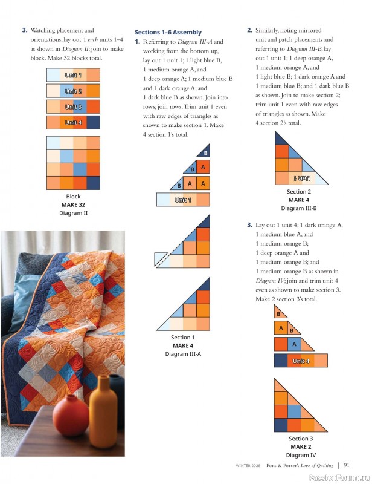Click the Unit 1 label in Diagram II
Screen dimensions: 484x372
coord(74,75)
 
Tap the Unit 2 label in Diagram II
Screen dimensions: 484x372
coord(74,91)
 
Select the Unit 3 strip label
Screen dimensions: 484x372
coord(74,107)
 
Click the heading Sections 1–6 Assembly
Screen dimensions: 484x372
coord(167,32)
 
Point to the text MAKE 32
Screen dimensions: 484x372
coord(72,204)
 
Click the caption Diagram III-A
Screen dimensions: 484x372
coord(183,354)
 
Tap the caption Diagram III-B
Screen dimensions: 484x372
coord(299,208)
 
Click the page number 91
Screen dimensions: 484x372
coord(347,465)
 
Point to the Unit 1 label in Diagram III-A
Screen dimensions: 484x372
coord(183,200)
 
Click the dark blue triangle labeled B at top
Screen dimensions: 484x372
coord(205,152)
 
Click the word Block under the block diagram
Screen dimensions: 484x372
coord(72,197)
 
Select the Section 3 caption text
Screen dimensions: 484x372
coord(301,439)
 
